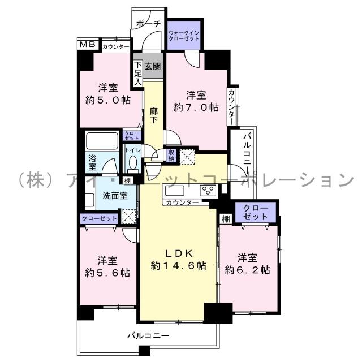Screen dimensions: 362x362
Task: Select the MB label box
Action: point(87,45)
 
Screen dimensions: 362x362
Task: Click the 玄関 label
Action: point(152,66)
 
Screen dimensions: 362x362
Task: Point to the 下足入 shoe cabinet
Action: point(137,74)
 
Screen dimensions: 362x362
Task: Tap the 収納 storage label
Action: point(172,154)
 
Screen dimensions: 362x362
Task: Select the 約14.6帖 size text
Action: point(179,265)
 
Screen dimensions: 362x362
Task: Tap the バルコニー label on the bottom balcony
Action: point(148,336)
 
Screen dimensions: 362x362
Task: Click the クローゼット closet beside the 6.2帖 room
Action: point(256,212)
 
